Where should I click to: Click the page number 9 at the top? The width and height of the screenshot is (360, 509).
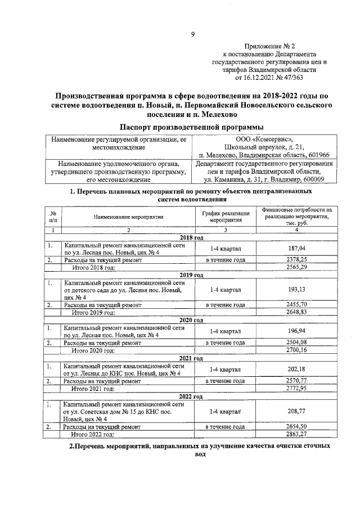(x=192, y=34)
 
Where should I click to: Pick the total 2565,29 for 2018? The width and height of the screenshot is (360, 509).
(x=296, y=268)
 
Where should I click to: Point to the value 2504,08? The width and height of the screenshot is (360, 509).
(x=296, y=342)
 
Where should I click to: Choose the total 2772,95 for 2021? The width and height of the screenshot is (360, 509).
(x=296, y=389)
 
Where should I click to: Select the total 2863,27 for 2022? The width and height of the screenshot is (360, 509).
(x=296, y=435)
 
